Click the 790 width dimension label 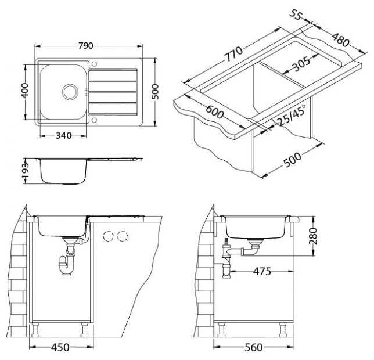(x=86, y=46)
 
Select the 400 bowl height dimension (x=24, y=91)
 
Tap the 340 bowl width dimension (x=63, y=136)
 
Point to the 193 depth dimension (x=25, y=171)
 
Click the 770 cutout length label (x=233, y=54)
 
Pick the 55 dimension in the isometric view (x=296, y=15)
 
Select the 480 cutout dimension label (x=340, y=40)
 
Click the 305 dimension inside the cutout (x=302, y=64)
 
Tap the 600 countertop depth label (x=215, y=112)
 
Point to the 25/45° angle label (x=292, y=116)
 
